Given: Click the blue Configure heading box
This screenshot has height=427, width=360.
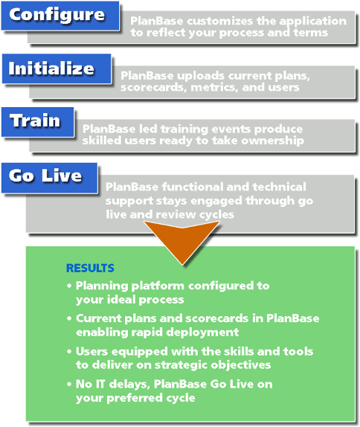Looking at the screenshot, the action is point(60,16).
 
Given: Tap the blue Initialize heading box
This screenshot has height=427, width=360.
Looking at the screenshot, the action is point(57,68).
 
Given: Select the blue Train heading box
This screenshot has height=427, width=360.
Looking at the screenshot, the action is point(38,122).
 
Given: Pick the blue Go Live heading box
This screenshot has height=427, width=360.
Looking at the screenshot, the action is point(49,178).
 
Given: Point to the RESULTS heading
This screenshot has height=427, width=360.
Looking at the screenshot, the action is point(90,269).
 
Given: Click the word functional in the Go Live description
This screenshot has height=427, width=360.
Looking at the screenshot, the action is point(192,187).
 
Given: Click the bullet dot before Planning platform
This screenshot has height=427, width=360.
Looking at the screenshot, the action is point(69,286).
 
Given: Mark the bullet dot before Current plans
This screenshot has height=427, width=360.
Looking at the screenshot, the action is point(69,318).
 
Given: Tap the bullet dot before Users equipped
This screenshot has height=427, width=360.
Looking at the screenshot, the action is point(69,351).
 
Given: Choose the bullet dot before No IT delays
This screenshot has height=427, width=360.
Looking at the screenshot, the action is point(69,384).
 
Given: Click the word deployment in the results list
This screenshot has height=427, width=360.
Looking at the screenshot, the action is point(202,333).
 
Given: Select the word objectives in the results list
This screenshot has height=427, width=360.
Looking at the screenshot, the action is point(241,365).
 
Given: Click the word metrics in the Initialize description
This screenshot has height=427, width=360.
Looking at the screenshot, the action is point(214,88).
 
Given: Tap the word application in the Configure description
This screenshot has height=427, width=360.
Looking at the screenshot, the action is point(313,22).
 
